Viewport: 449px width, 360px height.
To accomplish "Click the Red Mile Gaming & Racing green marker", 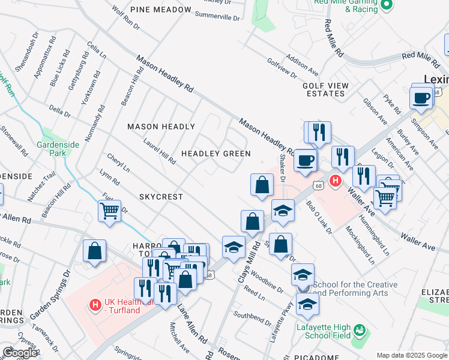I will (387, 6).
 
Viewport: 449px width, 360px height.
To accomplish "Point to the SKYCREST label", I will (160, 197).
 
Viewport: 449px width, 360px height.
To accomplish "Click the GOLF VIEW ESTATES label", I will (325, 90).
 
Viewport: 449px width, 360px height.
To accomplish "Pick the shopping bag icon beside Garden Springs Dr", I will (95, 251).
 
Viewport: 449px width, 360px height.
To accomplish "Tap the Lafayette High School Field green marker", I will (359, 331).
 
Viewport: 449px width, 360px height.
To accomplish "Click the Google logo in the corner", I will (20, 353).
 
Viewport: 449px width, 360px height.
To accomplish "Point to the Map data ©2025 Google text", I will (412, 355).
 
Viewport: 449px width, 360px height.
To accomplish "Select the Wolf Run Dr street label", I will (126, 19).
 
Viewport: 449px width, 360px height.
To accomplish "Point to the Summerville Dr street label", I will (217, 16).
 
